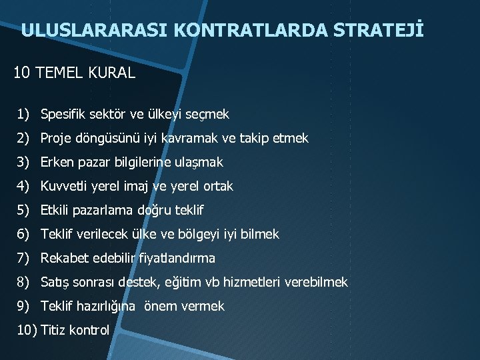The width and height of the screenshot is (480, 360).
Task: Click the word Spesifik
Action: click(x=62, y=114)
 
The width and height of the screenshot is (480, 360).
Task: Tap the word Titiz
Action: click(x=53, y=330)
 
